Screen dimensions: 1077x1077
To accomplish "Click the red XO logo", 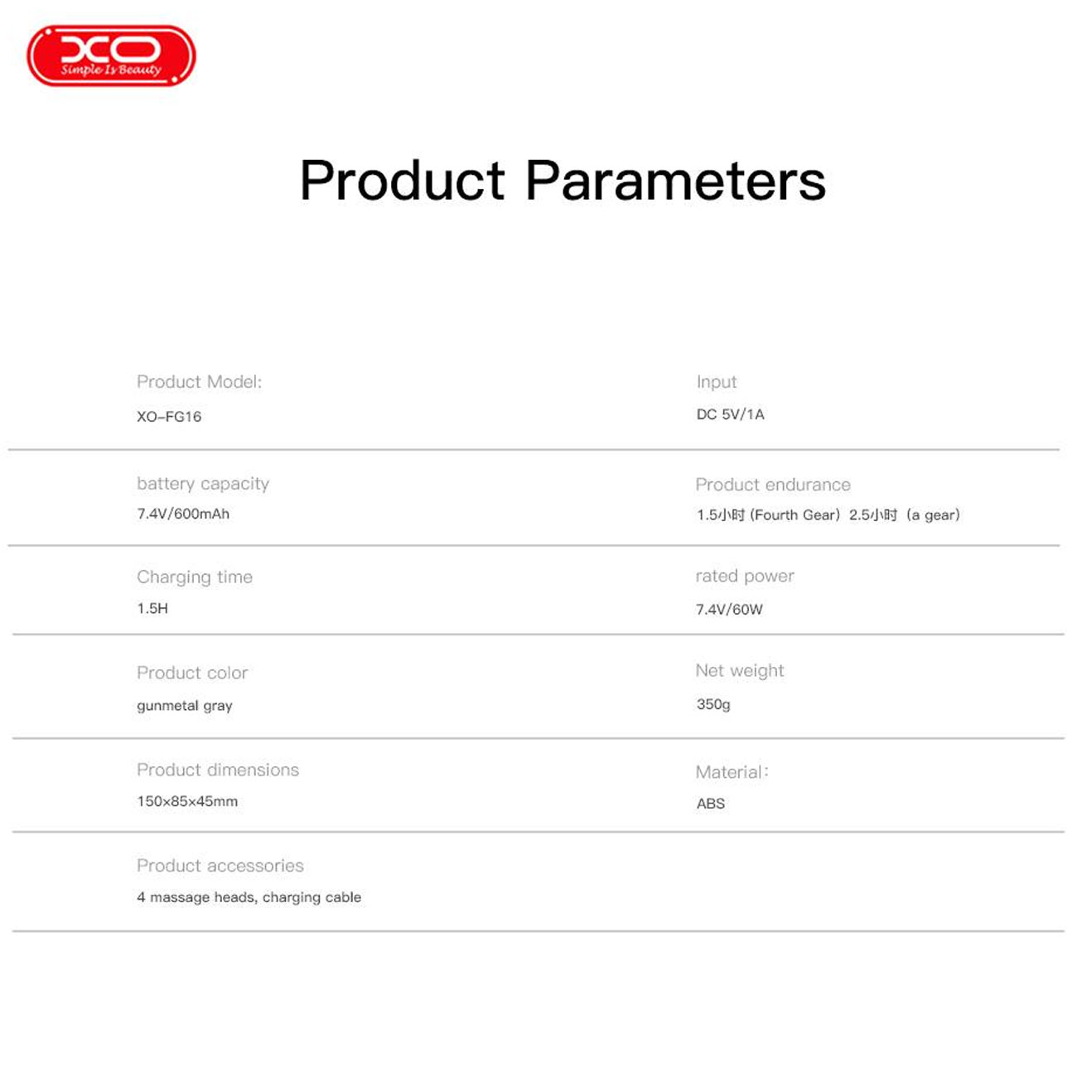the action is point(111,56).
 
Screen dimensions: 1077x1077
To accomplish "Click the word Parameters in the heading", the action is point(676,180).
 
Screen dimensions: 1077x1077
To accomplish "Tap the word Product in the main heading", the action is point(403,180).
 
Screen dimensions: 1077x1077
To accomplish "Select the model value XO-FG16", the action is point(169,417).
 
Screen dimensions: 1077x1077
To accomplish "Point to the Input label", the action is point(717,382).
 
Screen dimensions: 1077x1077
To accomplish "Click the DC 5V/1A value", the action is point(730,414).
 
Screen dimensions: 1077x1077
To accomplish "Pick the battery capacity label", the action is point(203,484).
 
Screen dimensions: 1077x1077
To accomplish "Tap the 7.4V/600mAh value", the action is point(183,514).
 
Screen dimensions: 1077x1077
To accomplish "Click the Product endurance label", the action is point(773,485).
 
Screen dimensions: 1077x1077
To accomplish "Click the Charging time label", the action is point(195,577).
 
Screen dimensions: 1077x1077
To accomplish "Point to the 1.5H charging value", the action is point(152,608).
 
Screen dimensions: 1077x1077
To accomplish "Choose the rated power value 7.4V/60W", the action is point(729,609).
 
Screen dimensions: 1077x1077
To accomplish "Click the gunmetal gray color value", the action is point(185,706).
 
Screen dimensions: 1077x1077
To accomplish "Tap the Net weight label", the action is point(740,671).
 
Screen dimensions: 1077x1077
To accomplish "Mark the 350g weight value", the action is point(713,704).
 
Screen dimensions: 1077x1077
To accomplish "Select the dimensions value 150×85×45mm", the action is point(187,801).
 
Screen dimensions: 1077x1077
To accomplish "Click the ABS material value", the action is point(710,804).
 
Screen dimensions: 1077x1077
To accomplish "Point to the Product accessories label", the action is point(220,866).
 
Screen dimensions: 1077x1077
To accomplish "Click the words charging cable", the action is point(312,897).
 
